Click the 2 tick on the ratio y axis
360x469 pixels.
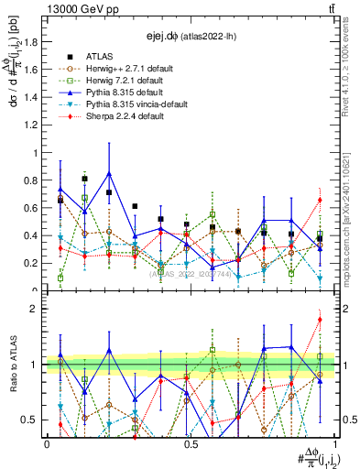coord(37,310)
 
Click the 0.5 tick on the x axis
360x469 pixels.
coord(191,443)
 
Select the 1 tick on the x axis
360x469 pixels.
coord(334,443)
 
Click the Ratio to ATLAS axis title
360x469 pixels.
coord(12,367)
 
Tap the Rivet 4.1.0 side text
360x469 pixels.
coord(351,69)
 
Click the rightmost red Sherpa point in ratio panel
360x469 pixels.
coord(320,320)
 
